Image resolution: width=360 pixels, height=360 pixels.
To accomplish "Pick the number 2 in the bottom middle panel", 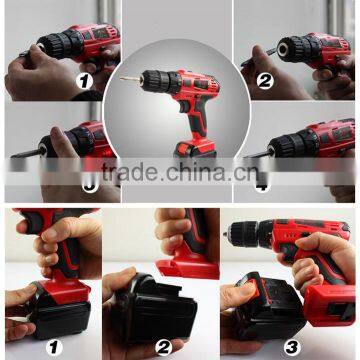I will pyautogui.click(x=163, y=347).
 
